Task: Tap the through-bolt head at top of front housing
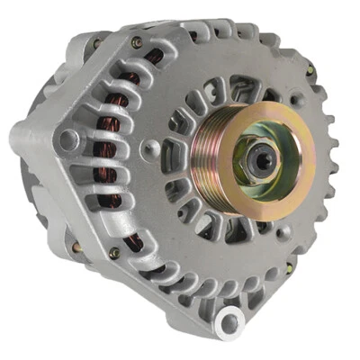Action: (137, 42)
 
